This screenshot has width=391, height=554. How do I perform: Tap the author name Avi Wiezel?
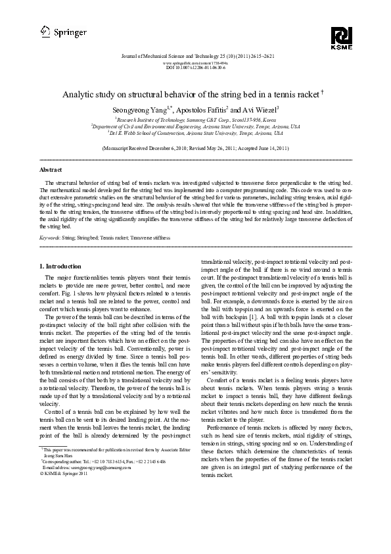pyautogui.click(x=260, y=109)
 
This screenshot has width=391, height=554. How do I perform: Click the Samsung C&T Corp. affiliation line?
pyautogui.click(x=195, y=120)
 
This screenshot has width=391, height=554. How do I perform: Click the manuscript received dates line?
pyautogui.click(x=195, y=149)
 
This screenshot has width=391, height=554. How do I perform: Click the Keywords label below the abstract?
pyautogui.click(x=50, y=235)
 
